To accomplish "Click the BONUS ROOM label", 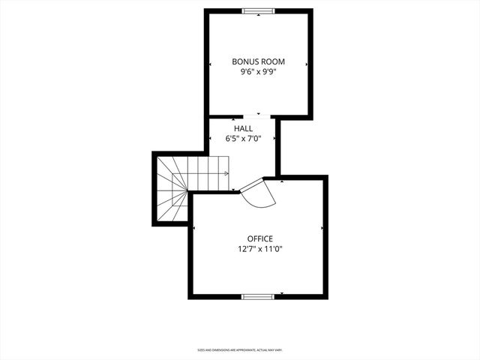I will tap(258, 61).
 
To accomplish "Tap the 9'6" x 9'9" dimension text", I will tap(258, 73).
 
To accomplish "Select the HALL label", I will tap(243, 129).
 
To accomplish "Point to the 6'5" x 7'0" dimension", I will tap(243, 139).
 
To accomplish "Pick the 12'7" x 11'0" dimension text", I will tap(259, 250).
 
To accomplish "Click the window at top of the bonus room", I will tap(259, 11).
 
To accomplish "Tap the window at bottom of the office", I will tap(259, 296).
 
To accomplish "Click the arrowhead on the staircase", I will tap(226, 173).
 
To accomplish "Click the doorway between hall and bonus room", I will tap(259, 116).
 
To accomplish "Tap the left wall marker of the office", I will tap(194, 228).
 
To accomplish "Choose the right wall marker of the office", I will tap(322, 228).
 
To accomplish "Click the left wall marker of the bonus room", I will tap(210, 64).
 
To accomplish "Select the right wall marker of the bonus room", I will tap(307, 64).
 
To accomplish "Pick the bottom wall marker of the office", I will tap(281, 293).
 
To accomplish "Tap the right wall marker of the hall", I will tap(275, 139).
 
